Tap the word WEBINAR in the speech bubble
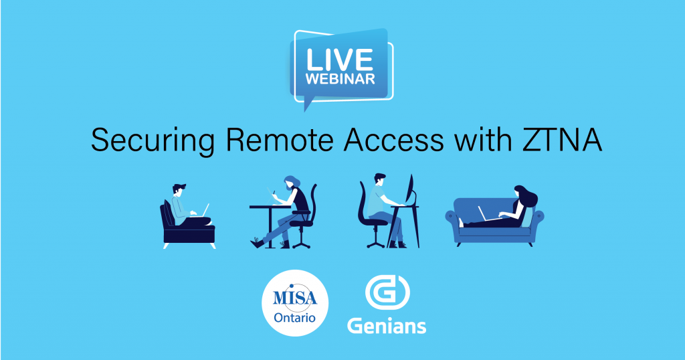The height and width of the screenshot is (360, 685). pos(340,79)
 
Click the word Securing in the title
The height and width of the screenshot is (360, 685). pos(153,141)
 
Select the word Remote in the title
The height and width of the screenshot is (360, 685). pos(280,140)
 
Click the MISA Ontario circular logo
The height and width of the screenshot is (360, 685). pos(295,302)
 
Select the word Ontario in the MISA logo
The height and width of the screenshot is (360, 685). pos(294,318)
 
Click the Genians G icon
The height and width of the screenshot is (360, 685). pos(387,292)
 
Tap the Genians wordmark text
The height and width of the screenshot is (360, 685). pos(387,325)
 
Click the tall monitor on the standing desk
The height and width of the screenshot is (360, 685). pos(410,190)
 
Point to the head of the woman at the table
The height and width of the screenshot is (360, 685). pos(290,183)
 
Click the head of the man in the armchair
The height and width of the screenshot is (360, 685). pos(178,191)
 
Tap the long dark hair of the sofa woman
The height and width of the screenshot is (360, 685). pos(528,196)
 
